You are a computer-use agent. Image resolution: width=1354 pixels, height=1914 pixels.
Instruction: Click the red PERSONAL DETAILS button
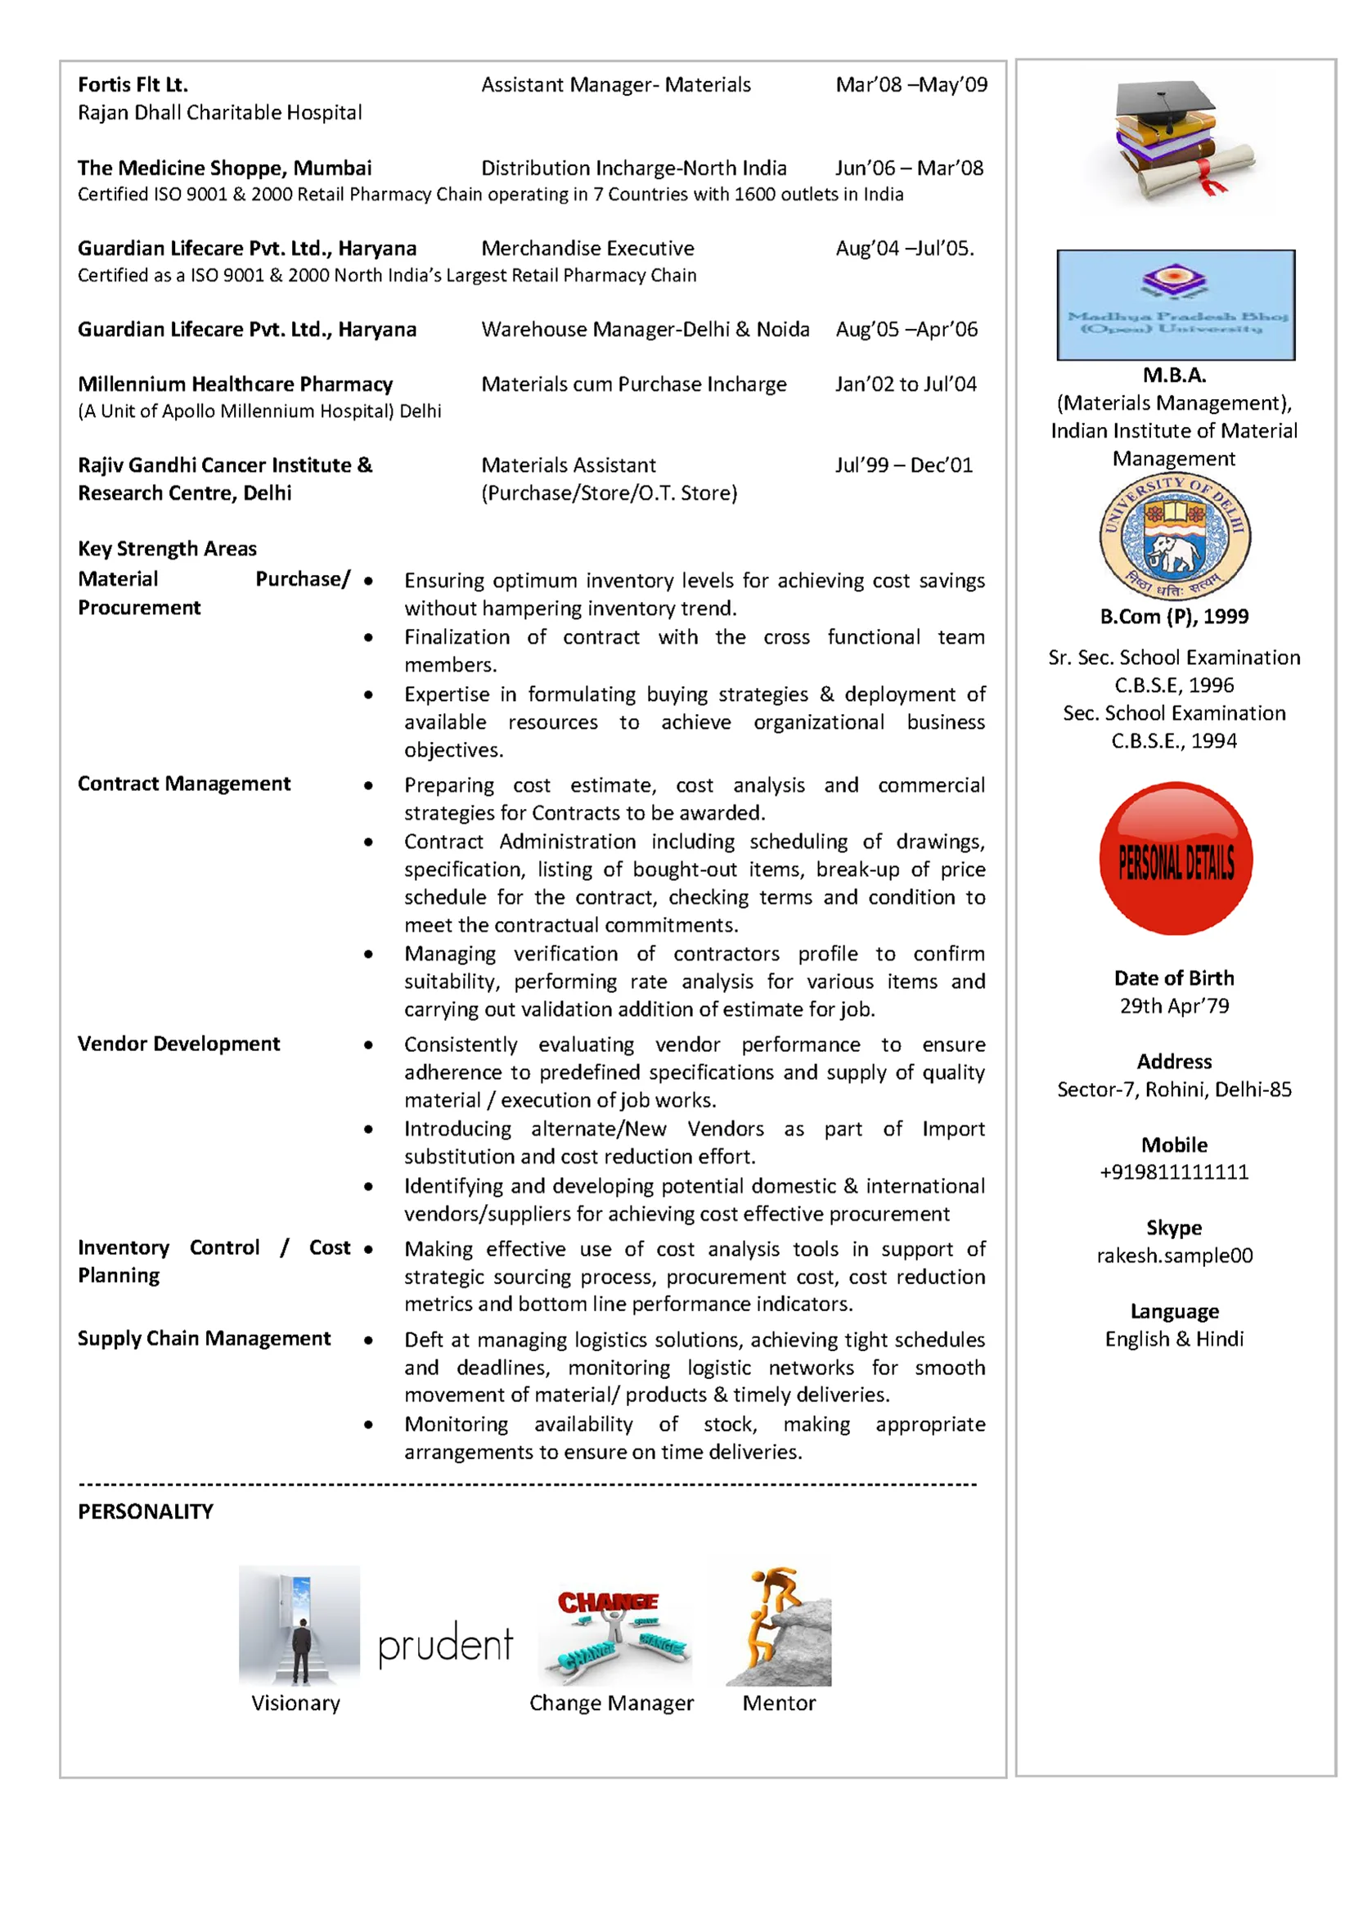(x=1176, y=859)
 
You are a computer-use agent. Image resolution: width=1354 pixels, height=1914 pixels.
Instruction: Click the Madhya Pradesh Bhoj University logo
(x=1176, y=305)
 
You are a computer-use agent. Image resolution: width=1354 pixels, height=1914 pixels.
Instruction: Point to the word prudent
(x=445, y=1644)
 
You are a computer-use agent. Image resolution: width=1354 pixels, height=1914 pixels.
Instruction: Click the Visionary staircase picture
(x=299, y=1625)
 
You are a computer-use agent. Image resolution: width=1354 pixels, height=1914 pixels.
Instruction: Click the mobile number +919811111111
(x=1174, y=1172)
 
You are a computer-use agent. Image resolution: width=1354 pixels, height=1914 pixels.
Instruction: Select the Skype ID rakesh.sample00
(x=1174, y=1256)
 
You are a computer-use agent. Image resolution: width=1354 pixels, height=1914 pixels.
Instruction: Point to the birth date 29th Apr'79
(x=1174, y=1006)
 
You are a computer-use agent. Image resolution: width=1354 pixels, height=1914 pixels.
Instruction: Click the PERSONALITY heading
(x=146, y=1512)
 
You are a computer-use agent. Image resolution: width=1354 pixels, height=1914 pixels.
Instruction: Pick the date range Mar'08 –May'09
(x=911, y=85)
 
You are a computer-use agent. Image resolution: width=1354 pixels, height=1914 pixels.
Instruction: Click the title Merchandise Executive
(x=587, y=249)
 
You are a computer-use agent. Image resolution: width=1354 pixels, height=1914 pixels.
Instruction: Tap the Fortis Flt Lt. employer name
(x=133, y=85)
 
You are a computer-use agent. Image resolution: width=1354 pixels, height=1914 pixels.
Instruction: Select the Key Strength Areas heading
(x=168, y=549)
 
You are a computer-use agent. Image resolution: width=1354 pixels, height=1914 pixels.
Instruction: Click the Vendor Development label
(x=179, y=1044)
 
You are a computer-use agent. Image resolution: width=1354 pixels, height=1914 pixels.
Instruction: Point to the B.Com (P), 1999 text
(x=1174, y=617)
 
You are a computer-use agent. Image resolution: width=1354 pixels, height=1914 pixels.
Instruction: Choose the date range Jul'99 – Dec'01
(x=904, y=465)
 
